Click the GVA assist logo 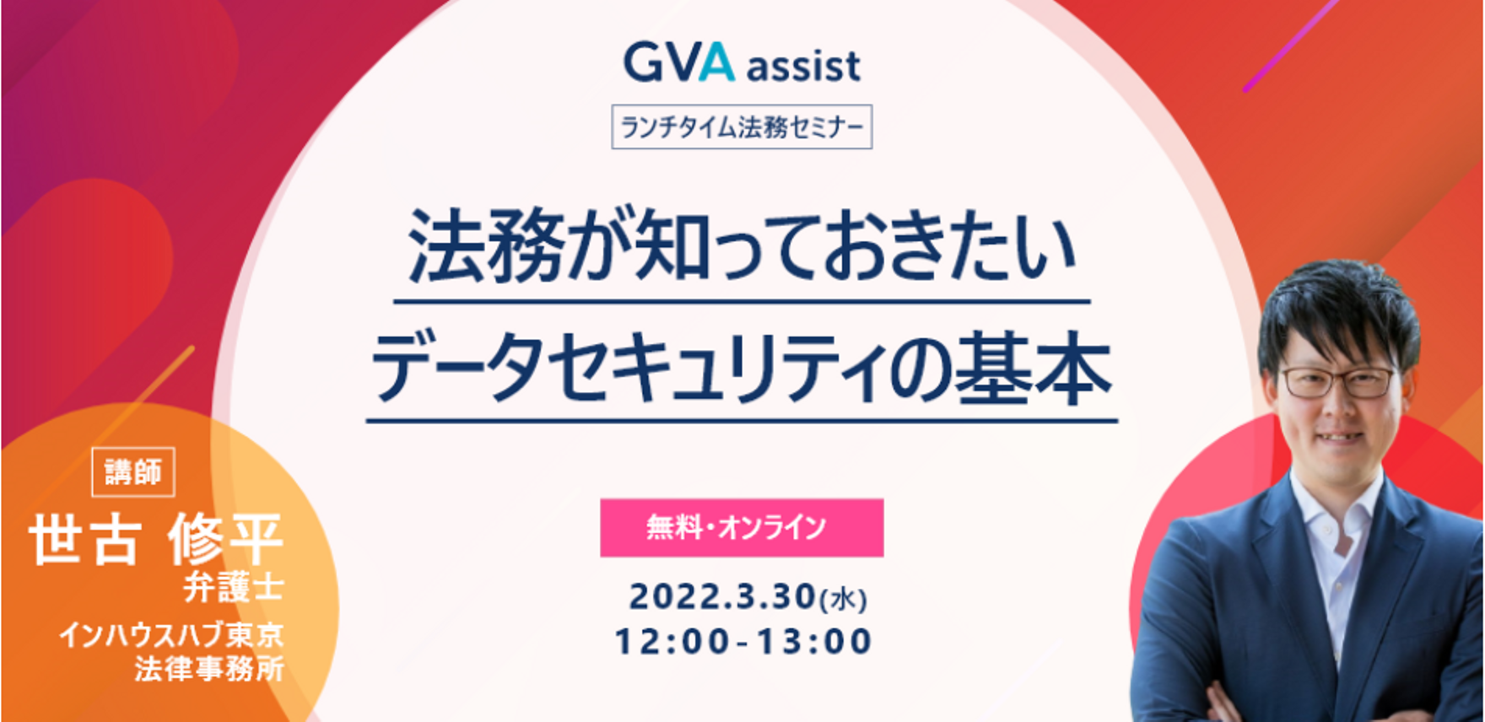pos(742,64)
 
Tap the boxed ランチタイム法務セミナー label pos(742,127)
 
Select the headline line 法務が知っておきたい pos(742,246)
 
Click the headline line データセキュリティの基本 pos(742,369)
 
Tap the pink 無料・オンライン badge pos(742,528)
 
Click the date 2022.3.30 pos(723,596)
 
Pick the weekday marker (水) pos(844,599)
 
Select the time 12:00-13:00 pos(742,642)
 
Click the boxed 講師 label pos(133,472)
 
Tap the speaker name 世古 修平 pos(156,540)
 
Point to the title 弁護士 pos(234,587)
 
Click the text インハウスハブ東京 pos(171,634)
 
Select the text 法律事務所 pos(209,669)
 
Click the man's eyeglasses pos(1337,382)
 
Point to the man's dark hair pos(1337,312)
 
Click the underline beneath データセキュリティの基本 pos(742,420)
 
